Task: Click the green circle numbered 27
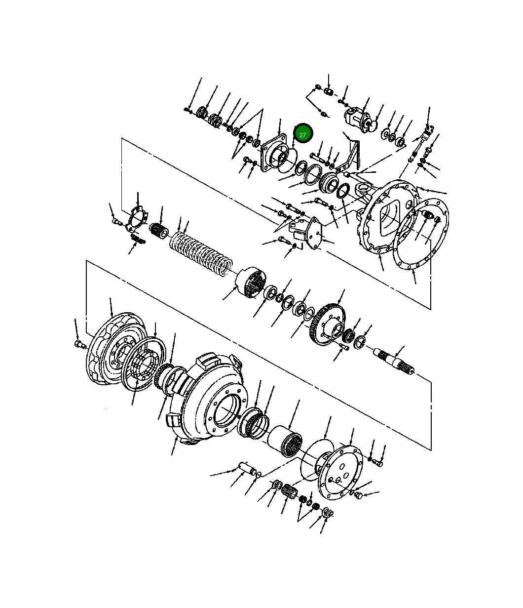302,134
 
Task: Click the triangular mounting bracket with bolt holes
309,234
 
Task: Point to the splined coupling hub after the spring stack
252,283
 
